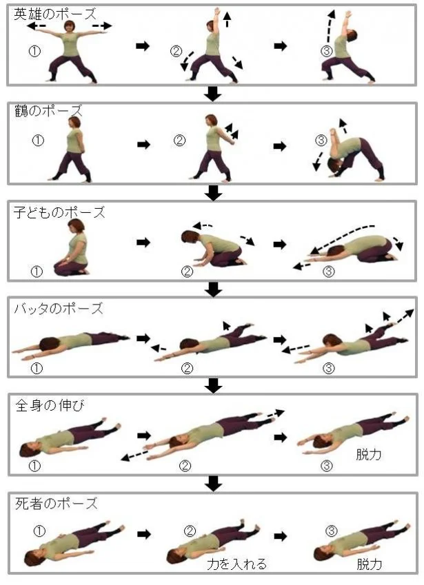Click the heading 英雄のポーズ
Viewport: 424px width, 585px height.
55,14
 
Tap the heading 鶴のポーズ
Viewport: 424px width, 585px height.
48,111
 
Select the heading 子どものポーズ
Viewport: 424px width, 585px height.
59,213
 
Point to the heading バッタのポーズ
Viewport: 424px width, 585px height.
59,309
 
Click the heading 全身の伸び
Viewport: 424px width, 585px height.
50,406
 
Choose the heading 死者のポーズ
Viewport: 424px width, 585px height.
56,504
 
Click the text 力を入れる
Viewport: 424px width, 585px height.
237,564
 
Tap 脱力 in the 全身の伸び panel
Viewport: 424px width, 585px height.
369,454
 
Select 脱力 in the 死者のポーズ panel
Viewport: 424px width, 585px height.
370,564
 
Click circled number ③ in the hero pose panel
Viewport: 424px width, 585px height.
327,51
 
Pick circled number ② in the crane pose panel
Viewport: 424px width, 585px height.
179,141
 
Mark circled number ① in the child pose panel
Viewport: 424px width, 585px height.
37,271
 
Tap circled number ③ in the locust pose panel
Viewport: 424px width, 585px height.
328,368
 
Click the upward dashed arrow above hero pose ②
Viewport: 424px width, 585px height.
228,19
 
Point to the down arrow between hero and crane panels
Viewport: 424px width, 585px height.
213,94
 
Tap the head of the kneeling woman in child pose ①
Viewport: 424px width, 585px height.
76,225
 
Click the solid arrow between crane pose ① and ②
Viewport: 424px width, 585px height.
143,145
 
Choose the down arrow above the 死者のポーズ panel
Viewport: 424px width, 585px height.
214,484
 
